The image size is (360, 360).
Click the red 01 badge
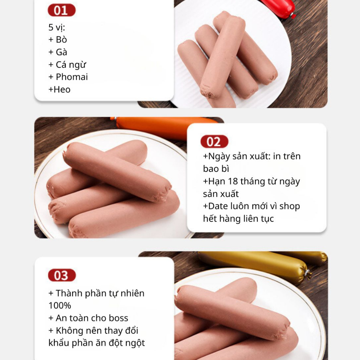tap(62, 10)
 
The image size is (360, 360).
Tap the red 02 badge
tap(214, 142)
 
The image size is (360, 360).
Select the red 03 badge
tap(62, 275)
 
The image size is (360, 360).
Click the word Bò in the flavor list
tap(61, 40)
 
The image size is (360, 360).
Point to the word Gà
tap(62, 52)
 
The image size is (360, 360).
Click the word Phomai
tap(72, 77)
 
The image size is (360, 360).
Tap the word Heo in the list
tap(62, 89)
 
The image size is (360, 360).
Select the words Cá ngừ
tap(71, 65)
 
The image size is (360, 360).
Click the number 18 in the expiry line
tap(233, 182)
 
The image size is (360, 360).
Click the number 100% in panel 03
tap(60, 305)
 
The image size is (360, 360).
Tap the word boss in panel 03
tap(118, 318)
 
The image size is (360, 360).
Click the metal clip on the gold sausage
tap(307, 274)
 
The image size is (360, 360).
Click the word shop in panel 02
tap(290, 207)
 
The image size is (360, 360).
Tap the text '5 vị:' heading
tap(57, 27)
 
